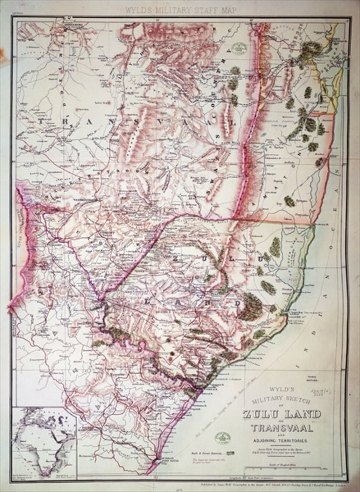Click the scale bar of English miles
pyautogui.click(x=293, y=468)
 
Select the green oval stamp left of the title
pyautogui.click(x=223, y=438)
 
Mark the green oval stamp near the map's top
pyautogui.click(x=238, y=48)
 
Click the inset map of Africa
pyautogui.click(x=44, y=443)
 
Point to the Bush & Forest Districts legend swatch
pyautogui.click(x=230, y=453)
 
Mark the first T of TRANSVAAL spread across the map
pyautogui.click(x=47, y=122)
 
